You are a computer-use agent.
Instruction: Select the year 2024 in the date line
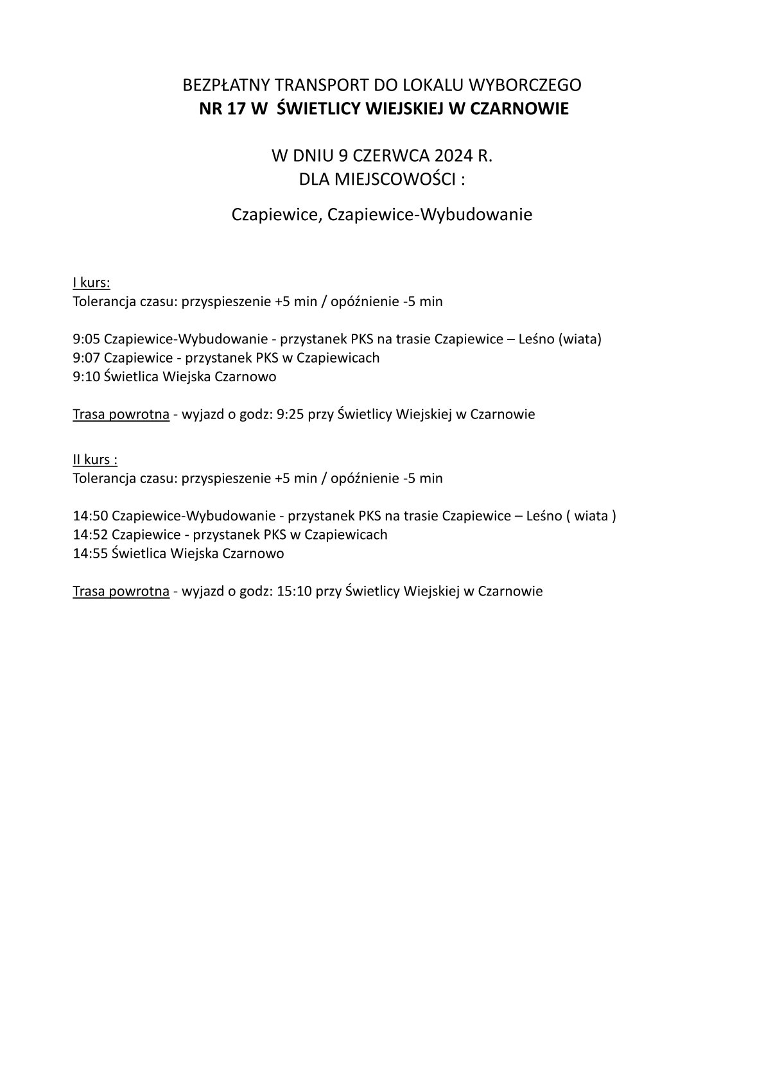click(457, 156)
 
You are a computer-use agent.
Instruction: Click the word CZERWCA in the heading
click(392, 156)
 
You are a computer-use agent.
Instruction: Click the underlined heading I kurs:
click(92, 283)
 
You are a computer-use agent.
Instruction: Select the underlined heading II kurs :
click(95, 460)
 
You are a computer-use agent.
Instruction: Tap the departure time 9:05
click(86, 339)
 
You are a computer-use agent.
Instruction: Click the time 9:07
click(86, 358)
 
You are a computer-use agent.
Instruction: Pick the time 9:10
click(86, 377)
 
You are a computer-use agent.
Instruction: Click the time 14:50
click(90, 517)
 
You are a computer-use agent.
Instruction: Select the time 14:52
click(90, 535)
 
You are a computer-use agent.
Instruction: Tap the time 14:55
click(90, 554)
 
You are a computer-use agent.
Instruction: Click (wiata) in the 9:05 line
click(582, 339)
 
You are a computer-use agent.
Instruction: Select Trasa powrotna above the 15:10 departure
click(121, 592)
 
